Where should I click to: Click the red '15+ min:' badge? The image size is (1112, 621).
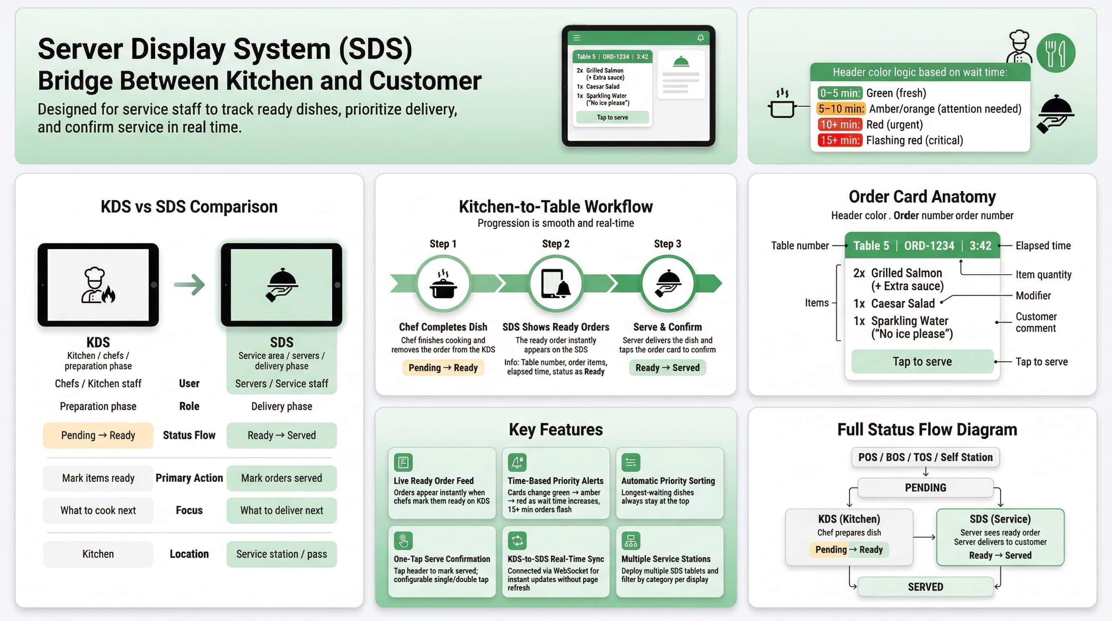(839, 140)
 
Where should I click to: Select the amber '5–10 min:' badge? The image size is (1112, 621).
(840, 109)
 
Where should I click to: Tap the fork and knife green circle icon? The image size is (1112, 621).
(1055, 53)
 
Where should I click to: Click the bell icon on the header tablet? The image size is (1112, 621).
(700, 38)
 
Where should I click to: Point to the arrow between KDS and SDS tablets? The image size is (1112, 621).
(190, 285)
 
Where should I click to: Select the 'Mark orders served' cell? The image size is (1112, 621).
(282, 478)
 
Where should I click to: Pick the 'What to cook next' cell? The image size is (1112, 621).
(98, 511)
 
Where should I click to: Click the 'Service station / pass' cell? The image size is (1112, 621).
(282, 554)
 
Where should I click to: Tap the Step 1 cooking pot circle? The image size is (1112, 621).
(443, 284)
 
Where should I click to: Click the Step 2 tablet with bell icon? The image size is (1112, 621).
(556, 284)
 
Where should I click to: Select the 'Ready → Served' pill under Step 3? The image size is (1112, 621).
(668, 368)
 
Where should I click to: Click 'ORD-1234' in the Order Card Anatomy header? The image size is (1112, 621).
(929, 246)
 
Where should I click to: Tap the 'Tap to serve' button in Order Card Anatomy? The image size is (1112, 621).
(922, 361)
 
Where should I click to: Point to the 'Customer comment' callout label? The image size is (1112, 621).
(1036, 322)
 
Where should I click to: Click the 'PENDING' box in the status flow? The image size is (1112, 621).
(925, 488)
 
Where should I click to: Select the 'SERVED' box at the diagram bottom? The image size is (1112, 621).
(925, 587)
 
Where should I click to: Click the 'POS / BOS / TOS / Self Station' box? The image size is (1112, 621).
(925, 457)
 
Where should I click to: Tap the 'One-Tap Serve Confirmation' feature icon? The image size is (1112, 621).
(403, 541)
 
